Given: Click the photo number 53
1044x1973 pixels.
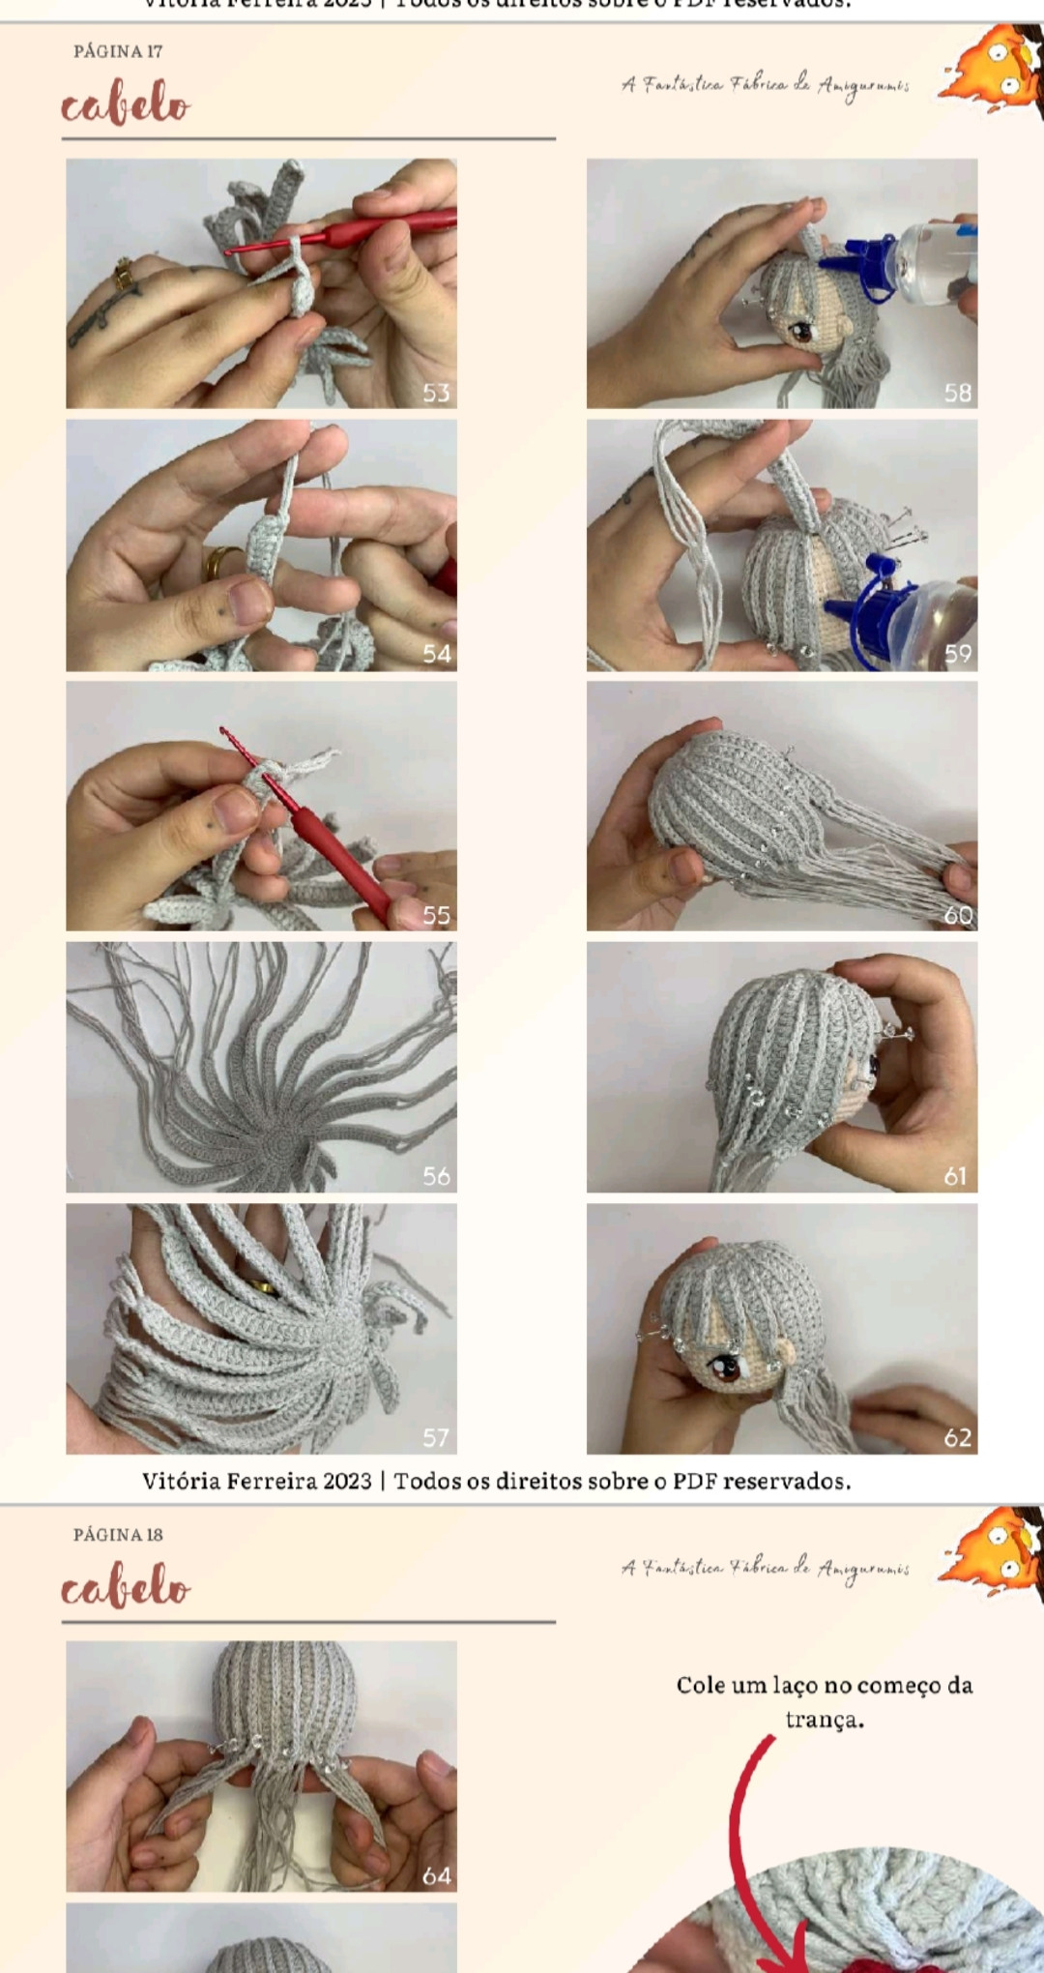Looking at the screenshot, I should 436,393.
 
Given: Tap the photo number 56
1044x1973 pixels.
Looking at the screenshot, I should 436,1176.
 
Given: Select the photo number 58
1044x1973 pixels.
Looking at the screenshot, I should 957,393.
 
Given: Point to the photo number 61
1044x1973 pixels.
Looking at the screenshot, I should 955,1176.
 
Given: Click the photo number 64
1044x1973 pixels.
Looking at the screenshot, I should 436,1876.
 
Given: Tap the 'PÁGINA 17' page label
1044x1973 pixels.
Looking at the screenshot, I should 118,51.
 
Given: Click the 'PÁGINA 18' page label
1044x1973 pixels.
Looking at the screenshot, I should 118,1535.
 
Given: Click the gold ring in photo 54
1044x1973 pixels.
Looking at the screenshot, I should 221,561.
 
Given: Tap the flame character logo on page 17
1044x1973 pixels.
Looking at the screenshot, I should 991,70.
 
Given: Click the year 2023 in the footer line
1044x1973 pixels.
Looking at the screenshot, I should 347,1482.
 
